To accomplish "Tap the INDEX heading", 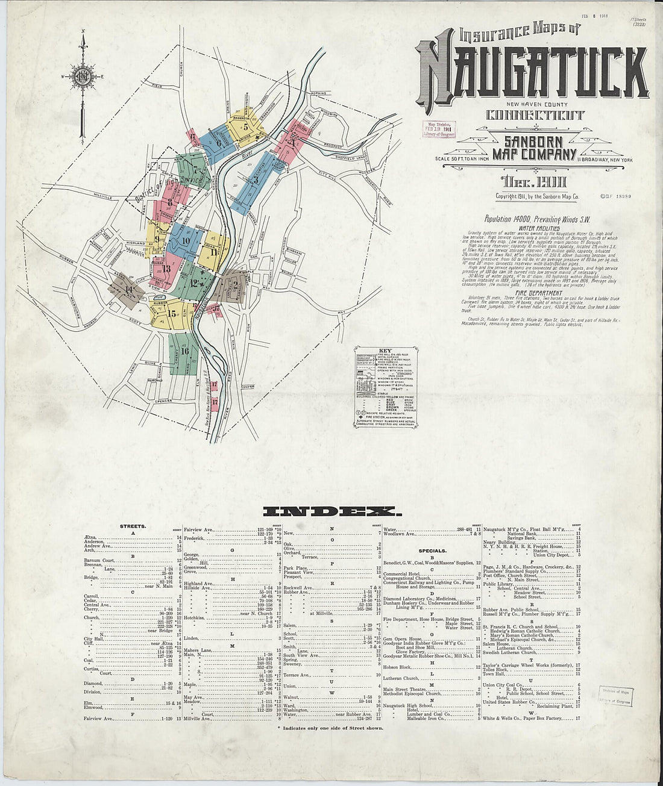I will [x=331, y=511].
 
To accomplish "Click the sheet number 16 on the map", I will [x=184, y=351].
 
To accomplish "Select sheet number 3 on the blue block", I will [x=257, y=179].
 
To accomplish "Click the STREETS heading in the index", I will [x=133, y=526].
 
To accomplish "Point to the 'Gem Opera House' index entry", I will [x=404, y=638].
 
